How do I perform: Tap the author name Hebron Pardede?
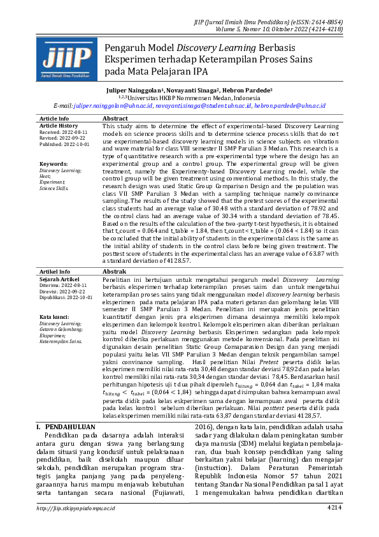coord(248,91)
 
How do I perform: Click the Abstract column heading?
coord(115,119)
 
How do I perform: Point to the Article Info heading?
coord(54,119)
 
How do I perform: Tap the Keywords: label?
coord(53,164)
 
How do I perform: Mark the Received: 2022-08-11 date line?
coord(64,132)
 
